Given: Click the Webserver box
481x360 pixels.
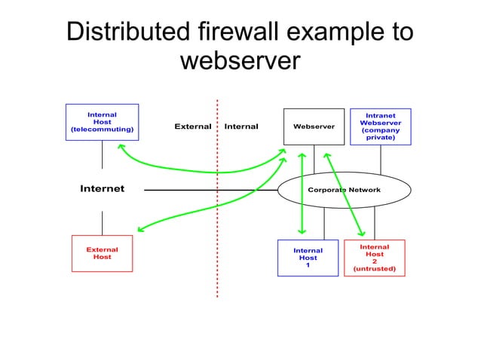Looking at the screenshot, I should [x=313, y=127].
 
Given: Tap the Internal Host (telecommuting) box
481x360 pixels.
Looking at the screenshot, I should [x=102, y=122].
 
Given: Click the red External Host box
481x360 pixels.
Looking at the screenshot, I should [x=102, y=253].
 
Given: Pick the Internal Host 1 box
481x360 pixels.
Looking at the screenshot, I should [x=308, y=258].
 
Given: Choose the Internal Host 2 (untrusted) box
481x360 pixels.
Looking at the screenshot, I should [x=374, y=258].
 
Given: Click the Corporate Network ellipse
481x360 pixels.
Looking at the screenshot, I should [x=345, y=190].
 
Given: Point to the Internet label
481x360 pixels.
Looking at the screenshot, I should [x=102, y=188].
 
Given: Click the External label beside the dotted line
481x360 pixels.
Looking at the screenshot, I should [x=192, y=127].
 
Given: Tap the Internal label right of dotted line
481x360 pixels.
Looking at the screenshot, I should [x=241, y=127].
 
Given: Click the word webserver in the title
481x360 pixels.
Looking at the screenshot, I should [x=240, y=61].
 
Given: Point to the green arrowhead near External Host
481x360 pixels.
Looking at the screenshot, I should [x=140, y=230].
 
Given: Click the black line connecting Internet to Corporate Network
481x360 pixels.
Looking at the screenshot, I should [x=211, y=190].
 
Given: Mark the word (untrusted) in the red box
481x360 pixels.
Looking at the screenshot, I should [x=374, y=269].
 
